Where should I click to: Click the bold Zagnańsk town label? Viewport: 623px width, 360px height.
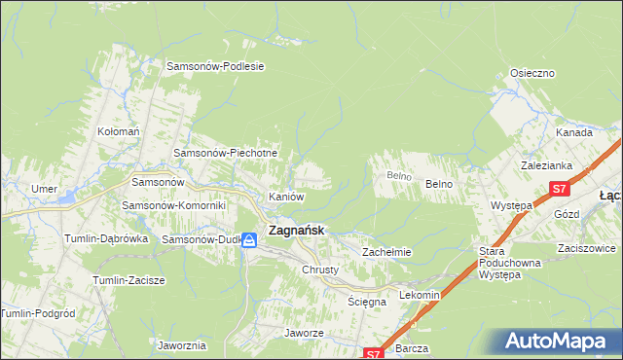coord(296,232)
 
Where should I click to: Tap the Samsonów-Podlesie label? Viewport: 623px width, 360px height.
coord(216,66)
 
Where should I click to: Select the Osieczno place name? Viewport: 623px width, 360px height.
coord(532,74)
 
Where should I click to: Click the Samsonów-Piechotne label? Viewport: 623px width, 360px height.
coord(226,154)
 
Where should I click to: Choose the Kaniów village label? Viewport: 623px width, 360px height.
coord(287,197)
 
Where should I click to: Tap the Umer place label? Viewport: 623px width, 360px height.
coord(44,189)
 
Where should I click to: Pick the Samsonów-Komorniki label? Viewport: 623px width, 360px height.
coord(173,206)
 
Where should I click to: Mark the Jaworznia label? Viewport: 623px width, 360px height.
coord(181,345)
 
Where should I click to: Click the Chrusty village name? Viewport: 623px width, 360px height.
coord(319,270)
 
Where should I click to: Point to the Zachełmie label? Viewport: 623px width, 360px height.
coord(387,252)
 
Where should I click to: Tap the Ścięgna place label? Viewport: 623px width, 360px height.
coord(367,302)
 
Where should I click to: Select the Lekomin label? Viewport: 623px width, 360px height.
coord(421,295)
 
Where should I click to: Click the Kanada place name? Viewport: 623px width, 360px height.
coord(574,132)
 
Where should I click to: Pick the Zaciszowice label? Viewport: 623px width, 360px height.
coord(584,248)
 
